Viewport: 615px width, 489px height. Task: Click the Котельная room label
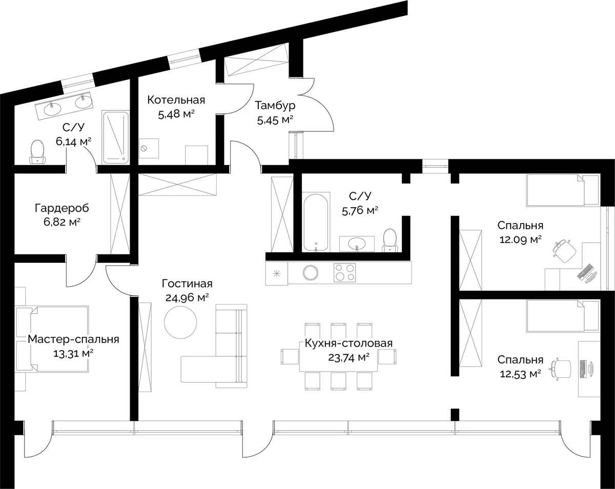(176, 100)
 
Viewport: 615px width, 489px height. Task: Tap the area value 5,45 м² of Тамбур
(275, 120)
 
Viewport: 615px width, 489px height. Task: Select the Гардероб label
(61, 208)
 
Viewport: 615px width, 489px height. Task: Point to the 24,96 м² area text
(187, 297)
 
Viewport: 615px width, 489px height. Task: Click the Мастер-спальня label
(73, 339)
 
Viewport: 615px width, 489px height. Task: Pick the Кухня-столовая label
(348, 343)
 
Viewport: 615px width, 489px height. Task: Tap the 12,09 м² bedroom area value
(520, 239)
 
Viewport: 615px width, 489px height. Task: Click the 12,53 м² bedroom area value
(520, 373)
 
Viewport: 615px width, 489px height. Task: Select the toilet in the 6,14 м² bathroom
(37, 152)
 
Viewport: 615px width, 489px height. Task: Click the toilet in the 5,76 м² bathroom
(391, 240)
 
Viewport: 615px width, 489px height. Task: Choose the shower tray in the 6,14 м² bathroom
(115, 137)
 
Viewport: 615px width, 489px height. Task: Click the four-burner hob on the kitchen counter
(344, 272)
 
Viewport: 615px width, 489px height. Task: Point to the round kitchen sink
(310, 272)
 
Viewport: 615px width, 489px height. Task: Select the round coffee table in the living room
(180, 322)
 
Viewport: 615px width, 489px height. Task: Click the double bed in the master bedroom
(52, 339)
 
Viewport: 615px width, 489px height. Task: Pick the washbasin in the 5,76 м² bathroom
(357, 244)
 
